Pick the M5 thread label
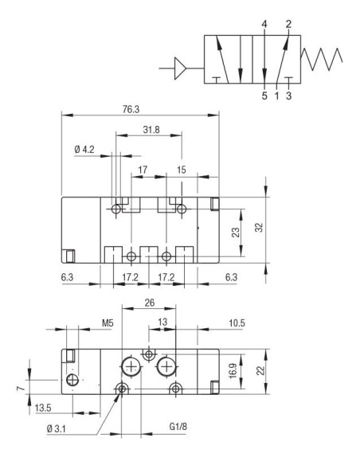pyautogui.click(x=108, y=324)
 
